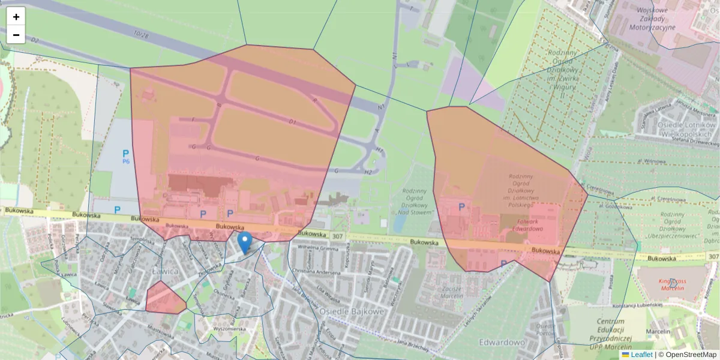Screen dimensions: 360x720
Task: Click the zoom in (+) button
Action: coord(16,17)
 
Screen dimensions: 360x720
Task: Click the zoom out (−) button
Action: coord(16,35)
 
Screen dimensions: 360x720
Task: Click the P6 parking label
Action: coord(126,157)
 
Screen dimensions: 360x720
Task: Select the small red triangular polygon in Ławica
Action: coord(163,298)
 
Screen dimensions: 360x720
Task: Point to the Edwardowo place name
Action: coord(502,342)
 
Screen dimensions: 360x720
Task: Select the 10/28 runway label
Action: coord(141,36)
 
